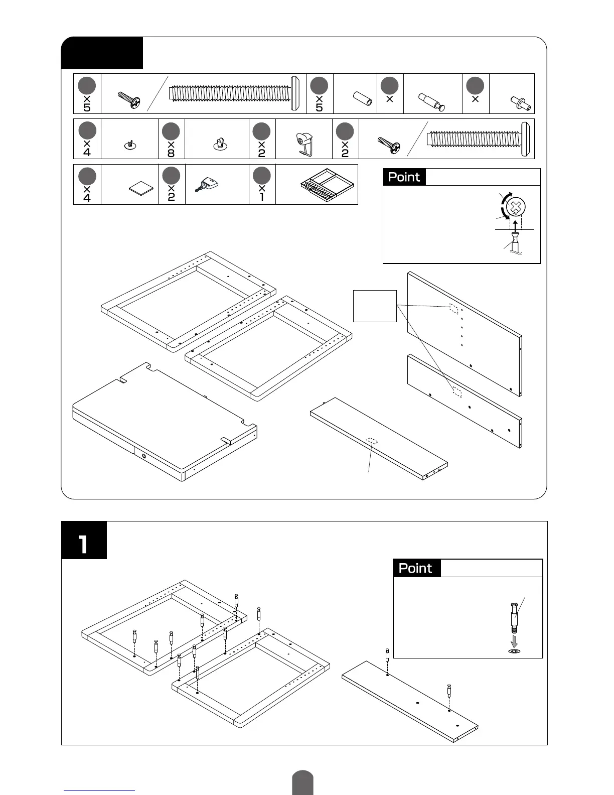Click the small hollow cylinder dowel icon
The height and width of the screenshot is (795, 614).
click(362, 98)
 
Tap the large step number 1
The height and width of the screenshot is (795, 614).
click(83, 544)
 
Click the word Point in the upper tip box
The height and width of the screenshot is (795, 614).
click(404, 177)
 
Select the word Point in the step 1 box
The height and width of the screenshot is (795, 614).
click(415, 568)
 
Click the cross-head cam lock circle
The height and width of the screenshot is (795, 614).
click(516, 206)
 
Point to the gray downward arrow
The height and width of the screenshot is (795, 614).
click(514, 641)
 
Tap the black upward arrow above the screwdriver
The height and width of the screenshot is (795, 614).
click(515, 225)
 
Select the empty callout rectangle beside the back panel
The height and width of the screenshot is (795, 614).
click(375, 306)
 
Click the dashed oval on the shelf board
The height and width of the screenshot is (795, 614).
click(372, 441)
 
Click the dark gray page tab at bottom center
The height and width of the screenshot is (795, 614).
click(302, 783)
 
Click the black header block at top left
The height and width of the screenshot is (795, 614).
click(102, 53)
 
